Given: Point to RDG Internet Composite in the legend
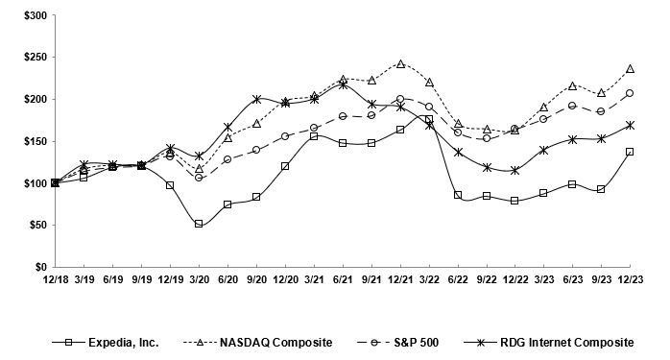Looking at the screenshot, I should (x=557, y=341).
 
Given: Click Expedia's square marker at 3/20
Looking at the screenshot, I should (x=199, y=224).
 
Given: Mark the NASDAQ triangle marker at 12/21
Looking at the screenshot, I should (x=400, y=64).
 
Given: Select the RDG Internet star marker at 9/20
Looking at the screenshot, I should (x=256, y=99).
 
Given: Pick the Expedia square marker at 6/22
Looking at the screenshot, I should (x=458, y=195).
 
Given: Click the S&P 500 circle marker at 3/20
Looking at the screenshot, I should (x=199, y=178).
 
